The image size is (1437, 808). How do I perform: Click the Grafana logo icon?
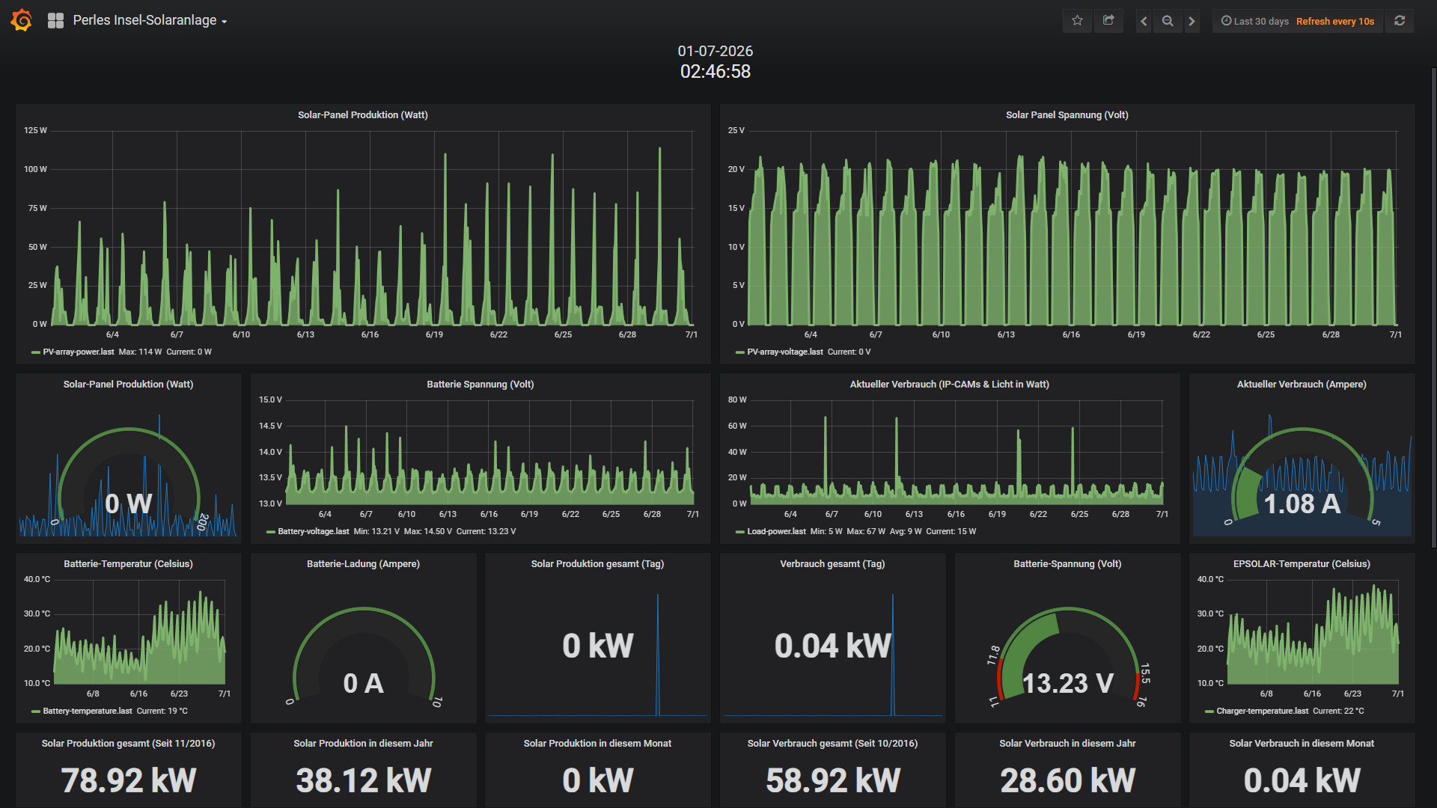point(22,20)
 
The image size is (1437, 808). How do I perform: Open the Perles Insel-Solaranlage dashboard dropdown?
point(150,21)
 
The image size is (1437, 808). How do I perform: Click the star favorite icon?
point(1077,21)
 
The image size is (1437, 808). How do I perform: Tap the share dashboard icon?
point(1108,21)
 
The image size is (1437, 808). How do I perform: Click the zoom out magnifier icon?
point(1168,21)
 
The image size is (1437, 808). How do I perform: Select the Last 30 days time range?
point(1261,21)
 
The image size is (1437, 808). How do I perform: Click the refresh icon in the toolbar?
point(1400,21)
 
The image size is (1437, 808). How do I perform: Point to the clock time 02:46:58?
point(716,72)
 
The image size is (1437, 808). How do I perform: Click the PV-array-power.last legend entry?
point(78,352)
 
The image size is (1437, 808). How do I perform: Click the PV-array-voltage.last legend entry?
point(784,352)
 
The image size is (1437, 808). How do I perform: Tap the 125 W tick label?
point(35,130)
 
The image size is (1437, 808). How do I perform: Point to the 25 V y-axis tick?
point(736,130)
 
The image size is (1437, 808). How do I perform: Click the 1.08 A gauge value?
point(1302,504)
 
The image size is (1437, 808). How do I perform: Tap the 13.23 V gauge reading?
point(1068,683)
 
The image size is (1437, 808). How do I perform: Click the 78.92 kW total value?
point(129,780)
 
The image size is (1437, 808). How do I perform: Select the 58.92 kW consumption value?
point(833,780)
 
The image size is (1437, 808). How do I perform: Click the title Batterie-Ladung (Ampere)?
point(363,564)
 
